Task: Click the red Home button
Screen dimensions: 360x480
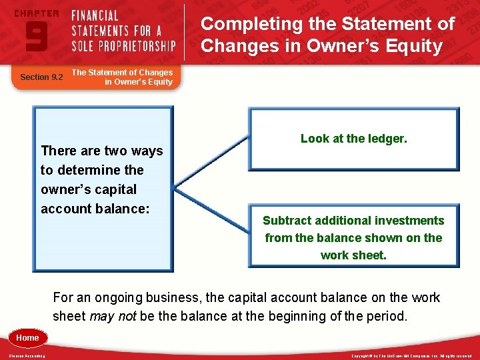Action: click(x=27, y=338)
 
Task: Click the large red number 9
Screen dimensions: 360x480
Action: click(x=35, y=35)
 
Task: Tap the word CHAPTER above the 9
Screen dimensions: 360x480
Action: click(x=35, y=13)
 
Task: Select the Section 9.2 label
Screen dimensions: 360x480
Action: click(x=41, y=77)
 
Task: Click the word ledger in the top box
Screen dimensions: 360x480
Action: click(x=385, y=139)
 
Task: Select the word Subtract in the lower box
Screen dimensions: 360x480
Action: click(x=287, y=221)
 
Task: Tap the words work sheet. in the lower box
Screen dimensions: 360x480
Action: click(x=353, y=255)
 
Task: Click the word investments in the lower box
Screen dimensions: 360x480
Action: click(x=411, y=221)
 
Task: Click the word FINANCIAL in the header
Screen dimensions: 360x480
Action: click(x=95, y=15)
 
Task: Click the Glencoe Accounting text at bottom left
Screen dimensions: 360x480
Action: click(x=27, y=356)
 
